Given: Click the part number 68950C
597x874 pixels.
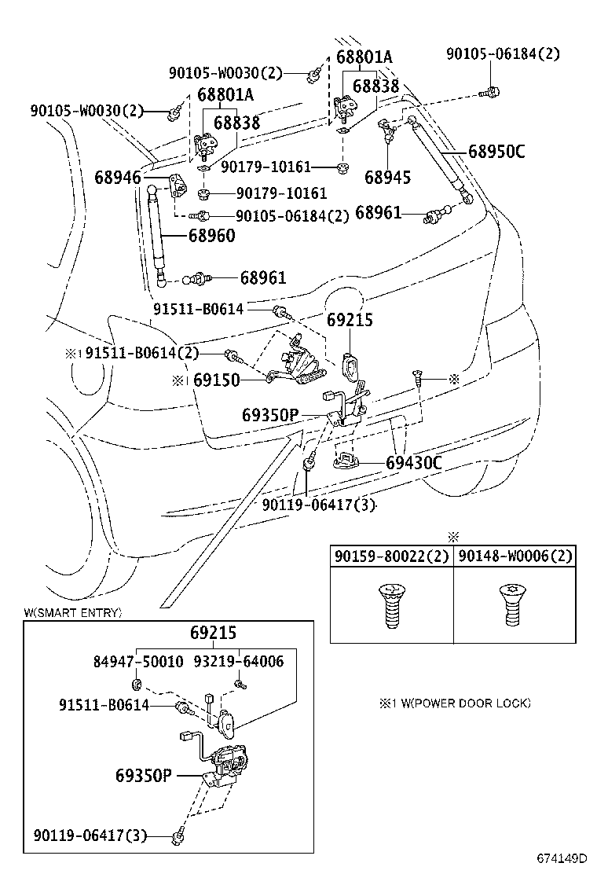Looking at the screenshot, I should [x=496, y=152].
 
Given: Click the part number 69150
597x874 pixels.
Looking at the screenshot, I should [x=217, y=380].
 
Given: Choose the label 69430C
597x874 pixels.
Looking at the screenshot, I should [x=414, y=463].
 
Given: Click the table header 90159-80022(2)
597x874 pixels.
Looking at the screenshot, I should [x=391, y=556].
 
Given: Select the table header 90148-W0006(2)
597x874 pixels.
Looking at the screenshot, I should [x=515, y=556].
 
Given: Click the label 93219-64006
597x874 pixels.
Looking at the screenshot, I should [x=239, y=662].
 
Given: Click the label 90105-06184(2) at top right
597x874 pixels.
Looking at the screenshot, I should [x=504, y=54].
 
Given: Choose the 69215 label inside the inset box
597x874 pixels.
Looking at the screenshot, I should [x=213, y=633].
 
